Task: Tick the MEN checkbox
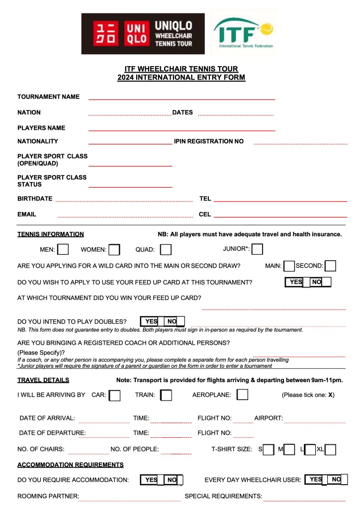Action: pos(63,249)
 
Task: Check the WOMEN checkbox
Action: pos(114,249)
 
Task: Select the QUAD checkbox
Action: pos(166,249)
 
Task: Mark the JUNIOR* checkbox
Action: pos(257,249)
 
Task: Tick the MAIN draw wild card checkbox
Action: pos(289,266)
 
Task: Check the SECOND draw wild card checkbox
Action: pos(330,266)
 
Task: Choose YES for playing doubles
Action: pos(151,321)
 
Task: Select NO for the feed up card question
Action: pos(316,282)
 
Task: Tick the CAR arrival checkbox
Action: pos(114,395)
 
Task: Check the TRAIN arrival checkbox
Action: pos(166,395)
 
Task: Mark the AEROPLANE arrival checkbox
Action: pos(243,395)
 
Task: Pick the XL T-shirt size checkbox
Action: pos(330,450)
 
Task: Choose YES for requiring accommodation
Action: pos(151,480)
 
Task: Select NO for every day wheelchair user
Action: pos(337,479)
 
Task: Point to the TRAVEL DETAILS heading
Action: pos(43,380)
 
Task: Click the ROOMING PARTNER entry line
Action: pos(130,497)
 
